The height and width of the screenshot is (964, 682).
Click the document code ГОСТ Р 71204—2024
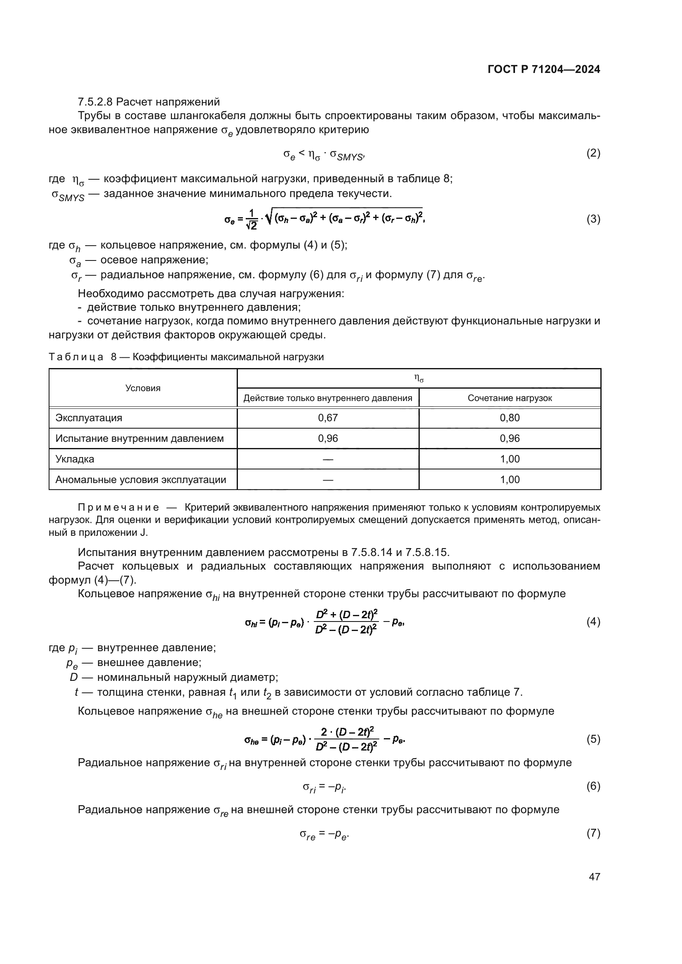[x=543, y=69]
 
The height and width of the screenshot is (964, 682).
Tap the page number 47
[x=594, y=877]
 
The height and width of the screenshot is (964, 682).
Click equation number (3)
[x=593, y=219]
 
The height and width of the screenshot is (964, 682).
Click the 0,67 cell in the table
[x=327, y=418]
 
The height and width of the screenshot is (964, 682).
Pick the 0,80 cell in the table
[x=509, y=418]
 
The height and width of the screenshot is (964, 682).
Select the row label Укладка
[x=75, y=459]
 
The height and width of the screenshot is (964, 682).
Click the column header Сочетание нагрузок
[x=509, y=398]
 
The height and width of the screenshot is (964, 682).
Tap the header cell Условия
[x=143, y=388]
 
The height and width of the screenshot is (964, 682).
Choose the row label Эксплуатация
[x=89, y=418]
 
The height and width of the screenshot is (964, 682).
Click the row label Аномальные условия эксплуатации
[x=141, y=479]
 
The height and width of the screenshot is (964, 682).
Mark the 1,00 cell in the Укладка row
[x=509, y=459]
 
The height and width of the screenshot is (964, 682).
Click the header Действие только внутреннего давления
[x=327, y=398]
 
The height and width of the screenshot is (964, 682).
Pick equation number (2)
[x=593, y=153]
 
